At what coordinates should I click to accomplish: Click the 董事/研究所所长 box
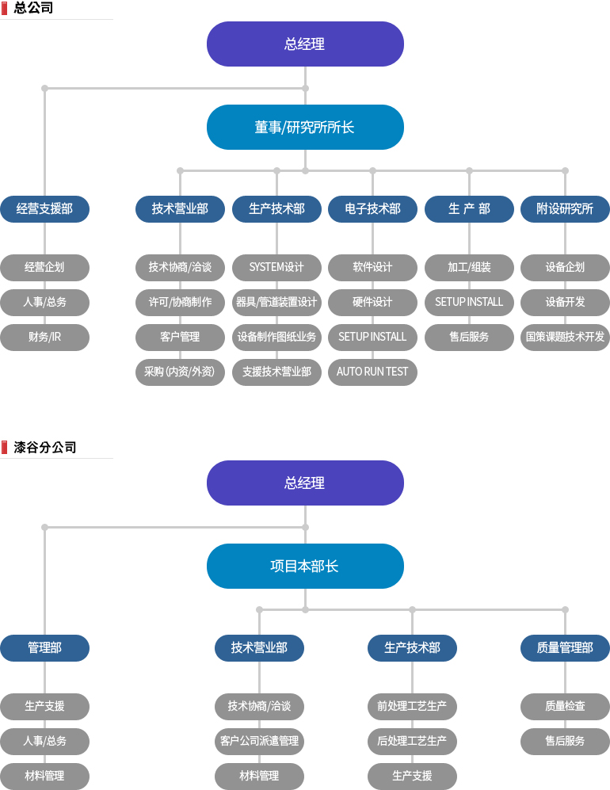tap(305, 127)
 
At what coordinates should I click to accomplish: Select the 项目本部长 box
tap(305, 566)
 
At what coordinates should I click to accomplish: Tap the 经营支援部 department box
tap(45, 208)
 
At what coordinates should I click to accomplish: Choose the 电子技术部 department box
tap(373, 208)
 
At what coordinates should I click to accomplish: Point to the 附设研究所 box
tap(565, 208)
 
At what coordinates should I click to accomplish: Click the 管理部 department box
tap(45, 647)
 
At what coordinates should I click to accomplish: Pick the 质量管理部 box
tap(565, 647)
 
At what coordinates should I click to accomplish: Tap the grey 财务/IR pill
tap(45, 337)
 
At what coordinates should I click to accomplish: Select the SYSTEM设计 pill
tap(276, 268)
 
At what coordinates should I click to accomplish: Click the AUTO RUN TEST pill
tap(373, 372)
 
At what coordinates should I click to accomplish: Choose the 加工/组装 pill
tap(470, 268)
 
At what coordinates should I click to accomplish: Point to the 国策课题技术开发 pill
tap(565, 337)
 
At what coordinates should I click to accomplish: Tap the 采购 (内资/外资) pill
tap(180, 372)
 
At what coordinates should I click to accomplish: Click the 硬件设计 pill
tap(373, 303)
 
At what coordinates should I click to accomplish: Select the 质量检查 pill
tap(565, 706)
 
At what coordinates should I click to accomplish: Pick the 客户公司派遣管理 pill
tap(259, 741)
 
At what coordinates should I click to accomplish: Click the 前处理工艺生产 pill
tap(412, 706)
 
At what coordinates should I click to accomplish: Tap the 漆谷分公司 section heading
tap(45, 447)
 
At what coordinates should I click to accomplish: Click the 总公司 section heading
tap(33, 8)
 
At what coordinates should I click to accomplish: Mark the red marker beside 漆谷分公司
tap(5, 448)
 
